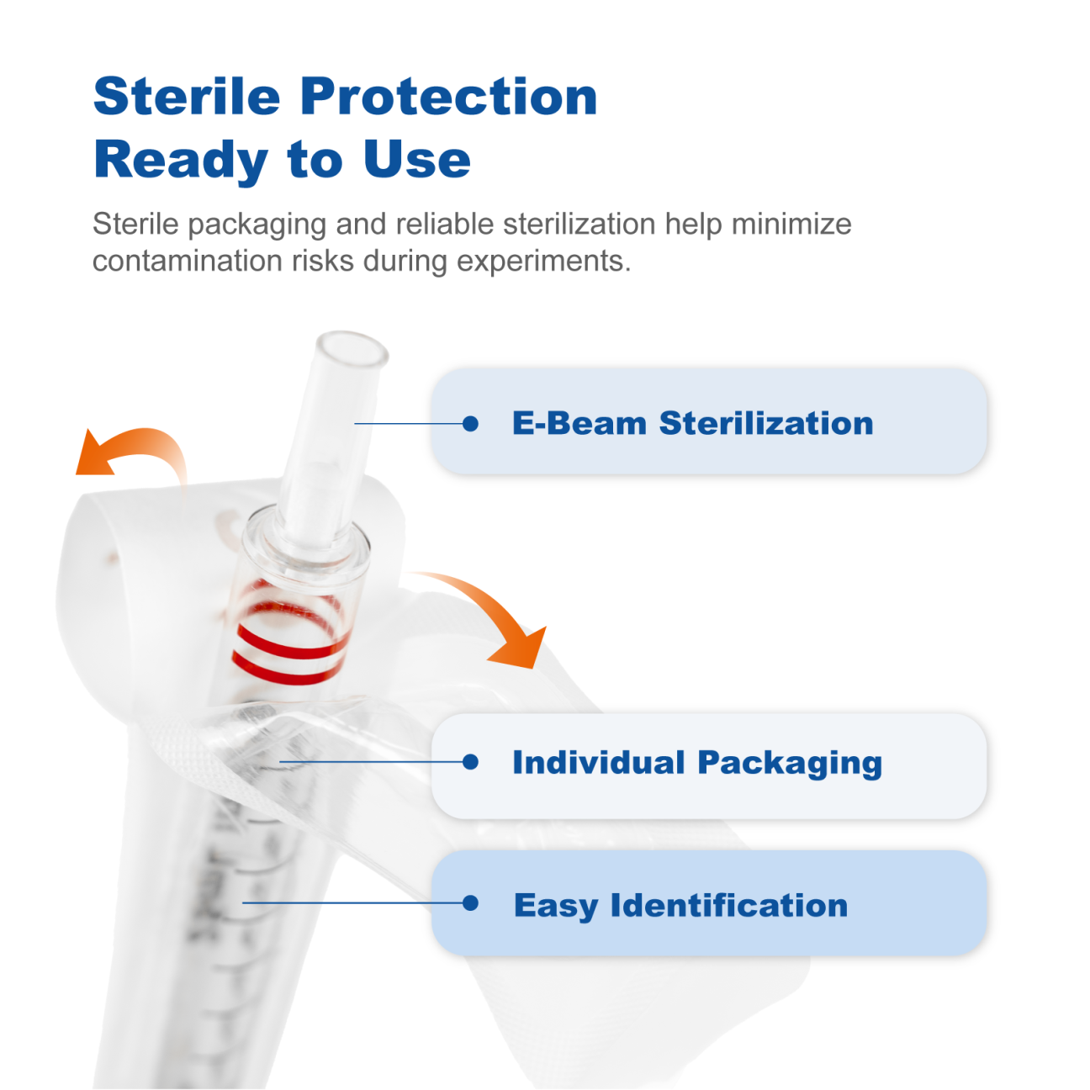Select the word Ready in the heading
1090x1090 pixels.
point(181,162)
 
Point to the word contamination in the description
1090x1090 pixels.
point(188,261)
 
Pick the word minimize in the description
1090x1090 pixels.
point(791,224)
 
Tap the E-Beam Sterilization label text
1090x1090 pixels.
point(692,423)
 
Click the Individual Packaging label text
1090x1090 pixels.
point(697,763)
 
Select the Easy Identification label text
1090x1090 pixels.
point(680,906)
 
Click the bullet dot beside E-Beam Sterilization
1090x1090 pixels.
point(470,423)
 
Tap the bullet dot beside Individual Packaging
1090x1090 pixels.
point(470,762)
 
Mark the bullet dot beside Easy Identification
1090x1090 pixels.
point(470,902)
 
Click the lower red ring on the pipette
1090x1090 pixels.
point(288,669)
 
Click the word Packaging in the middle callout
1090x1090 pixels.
point(790,763)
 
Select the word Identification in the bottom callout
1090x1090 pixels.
point(729,905)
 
